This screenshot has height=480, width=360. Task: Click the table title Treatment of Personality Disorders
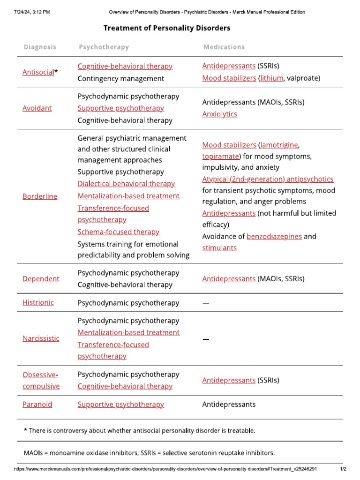coord(167,28)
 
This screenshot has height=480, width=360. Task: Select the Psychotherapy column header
coord(104,47)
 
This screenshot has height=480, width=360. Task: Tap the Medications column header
coord(224,47)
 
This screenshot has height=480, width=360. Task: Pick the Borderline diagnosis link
coord(40,196)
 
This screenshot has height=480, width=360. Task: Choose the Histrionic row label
coord(38,302)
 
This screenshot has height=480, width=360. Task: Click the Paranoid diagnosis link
coord(37,404)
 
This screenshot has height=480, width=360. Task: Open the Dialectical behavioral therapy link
coord(126,184)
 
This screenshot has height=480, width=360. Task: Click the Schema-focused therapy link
coord(118,232)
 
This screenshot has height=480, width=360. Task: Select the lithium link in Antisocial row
coord(272,78)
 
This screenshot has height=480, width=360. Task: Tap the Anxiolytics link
coord(219,114)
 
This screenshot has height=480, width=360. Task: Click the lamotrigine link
coord(279,144)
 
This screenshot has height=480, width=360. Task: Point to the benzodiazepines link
coord(274,236)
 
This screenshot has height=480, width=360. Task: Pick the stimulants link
coord(219,248)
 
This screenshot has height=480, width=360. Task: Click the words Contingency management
coord(121,78)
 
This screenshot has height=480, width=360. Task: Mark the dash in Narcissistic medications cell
coord(205,339)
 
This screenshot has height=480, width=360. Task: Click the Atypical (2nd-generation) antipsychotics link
coord(268,179)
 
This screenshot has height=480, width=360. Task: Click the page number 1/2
coord(343,469)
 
